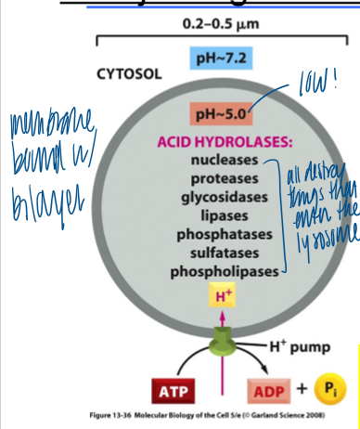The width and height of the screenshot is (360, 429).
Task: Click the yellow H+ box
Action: (222, 296)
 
